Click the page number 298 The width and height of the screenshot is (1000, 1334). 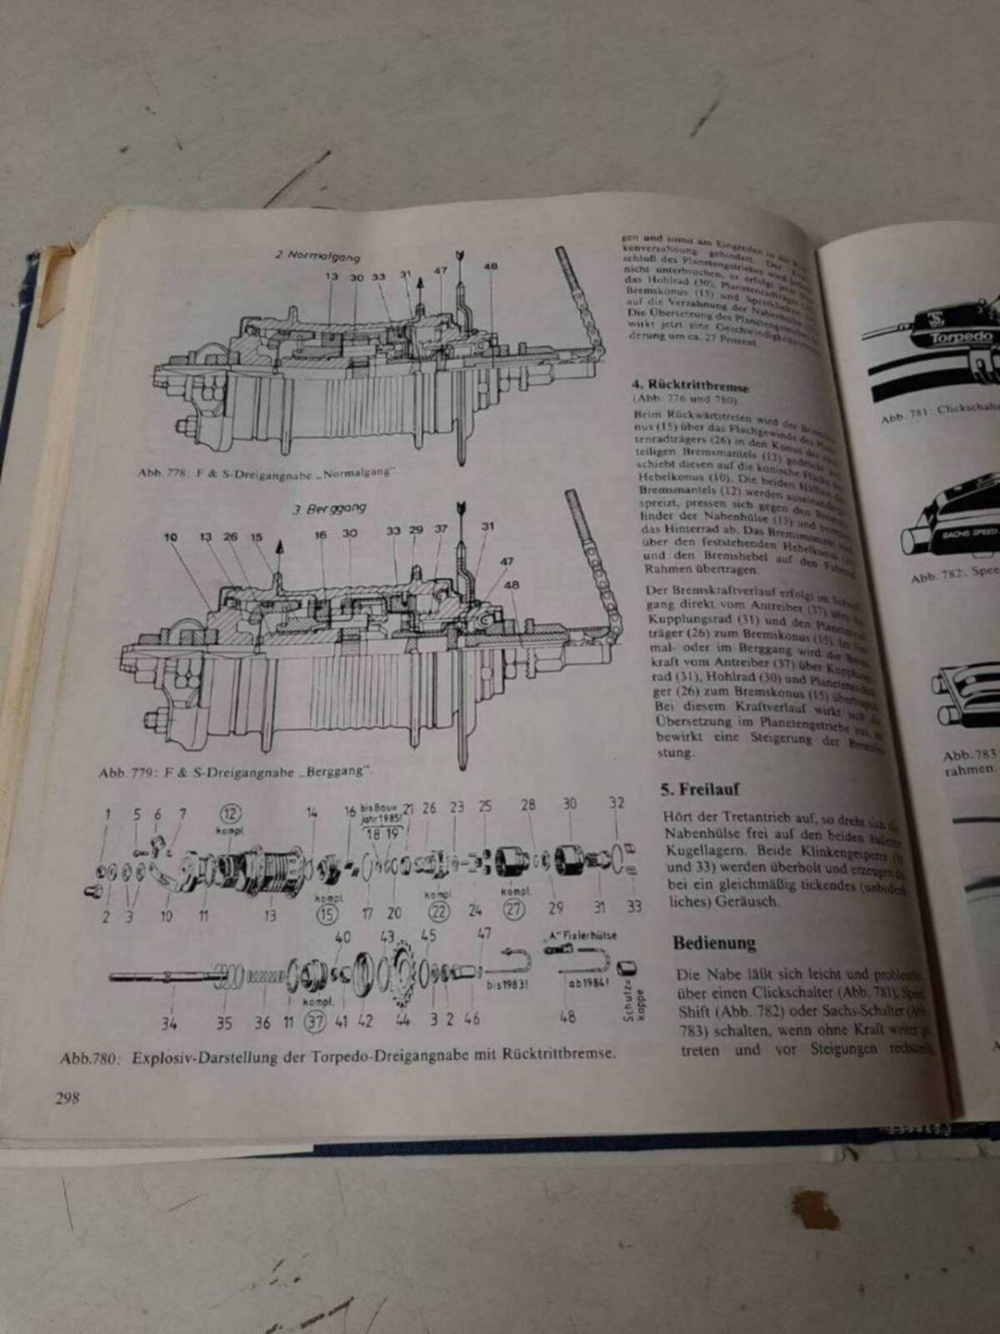(67, 1097)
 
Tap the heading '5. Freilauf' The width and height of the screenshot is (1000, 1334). (700, 789)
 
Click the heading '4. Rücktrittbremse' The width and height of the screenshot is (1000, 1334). (690, 386)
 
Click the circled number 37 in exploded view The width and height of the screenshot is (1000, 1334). (314, 1022)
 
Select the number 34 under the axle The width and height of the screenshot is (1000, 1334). (169, 1022)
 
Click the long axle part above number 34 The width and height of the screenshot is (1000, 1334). (167, 975)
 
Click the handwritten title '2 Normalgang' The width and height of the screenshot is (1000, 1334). (318, 256)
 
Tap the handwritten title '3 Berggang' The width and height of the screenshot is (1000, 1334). (330, 508)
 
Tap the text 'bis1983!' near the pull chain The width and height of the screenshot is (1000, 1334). (506, 983)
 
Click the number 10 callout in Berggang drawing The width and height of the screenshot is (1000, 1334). (170, 537)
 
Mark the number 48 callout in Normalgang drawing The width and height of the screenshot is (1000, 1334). (490, 267)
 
